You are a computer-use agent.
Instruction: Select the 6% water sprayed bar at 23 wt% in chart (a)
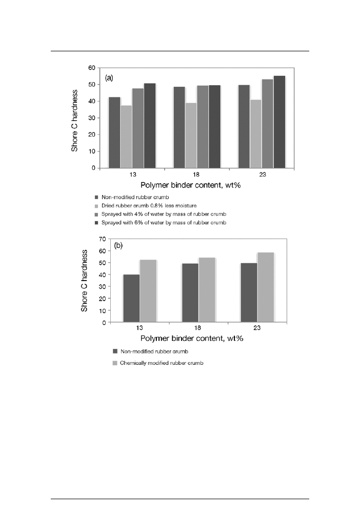coord(279,122)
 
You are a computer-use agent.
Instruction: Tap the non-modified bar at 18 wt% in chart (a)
coord(179,127)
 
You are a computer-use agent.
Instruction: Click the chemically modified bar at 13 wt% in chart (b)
coord(148,291)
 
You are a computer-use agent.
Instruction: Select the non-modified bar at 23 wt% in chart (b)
coord(249,292)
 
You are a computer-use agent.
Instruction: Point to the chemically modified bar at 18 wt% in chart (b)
coord(207,290)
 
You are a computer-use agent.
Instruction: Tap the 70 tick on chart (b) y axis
coord(102,239)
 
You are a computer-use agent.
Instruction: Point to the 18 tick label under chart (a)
coord(196,174)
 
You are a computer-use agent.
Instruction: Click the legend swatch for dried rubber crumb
coord(96,205)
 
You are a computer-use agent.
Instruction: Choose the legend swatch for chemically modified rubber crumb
coord(115,363)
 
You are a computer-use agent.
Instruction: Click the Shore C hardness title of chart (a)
coord(75,117)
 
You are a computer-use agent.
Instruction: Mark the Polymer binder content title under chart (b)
coord(197,339)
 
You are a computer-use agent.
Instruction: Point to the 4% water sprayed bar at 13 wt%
coord(137,128)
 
